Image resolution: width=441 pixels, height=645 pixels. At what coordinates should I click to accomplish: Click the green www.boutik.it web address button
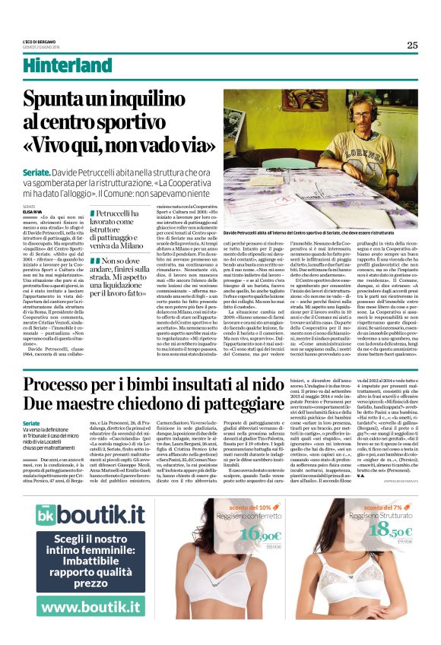[x=90, y=607]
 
